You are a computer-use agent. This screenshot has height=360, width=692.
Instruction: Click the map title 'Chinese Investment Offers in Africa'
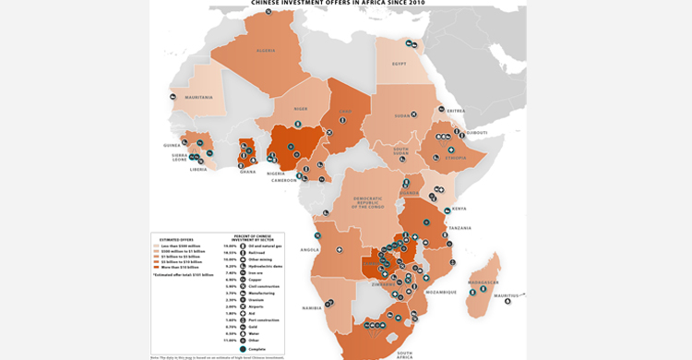[339, 3]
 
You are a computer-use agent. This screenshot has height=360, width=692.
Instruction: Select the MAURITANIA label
[198, 98]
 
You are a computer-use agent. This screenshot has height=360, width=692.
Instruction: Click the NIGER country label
[300, 109]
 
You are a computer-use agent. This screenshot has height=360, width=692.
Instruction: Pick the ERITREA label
[456, 111]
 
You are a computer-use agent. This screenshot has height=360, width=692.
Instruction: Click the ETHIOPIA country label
[456, 158]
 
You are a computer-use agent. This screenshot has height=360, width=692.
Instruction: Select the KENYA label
[459, 209]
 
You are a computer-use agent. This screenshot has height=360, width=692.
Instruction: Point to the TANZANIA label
[459, 228]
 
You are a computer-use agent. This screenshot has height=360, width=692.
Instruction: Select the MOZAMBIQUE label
[440, 292]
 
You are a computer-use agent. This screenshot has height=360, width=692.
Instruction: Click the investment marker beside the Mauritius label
[507, 301]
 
